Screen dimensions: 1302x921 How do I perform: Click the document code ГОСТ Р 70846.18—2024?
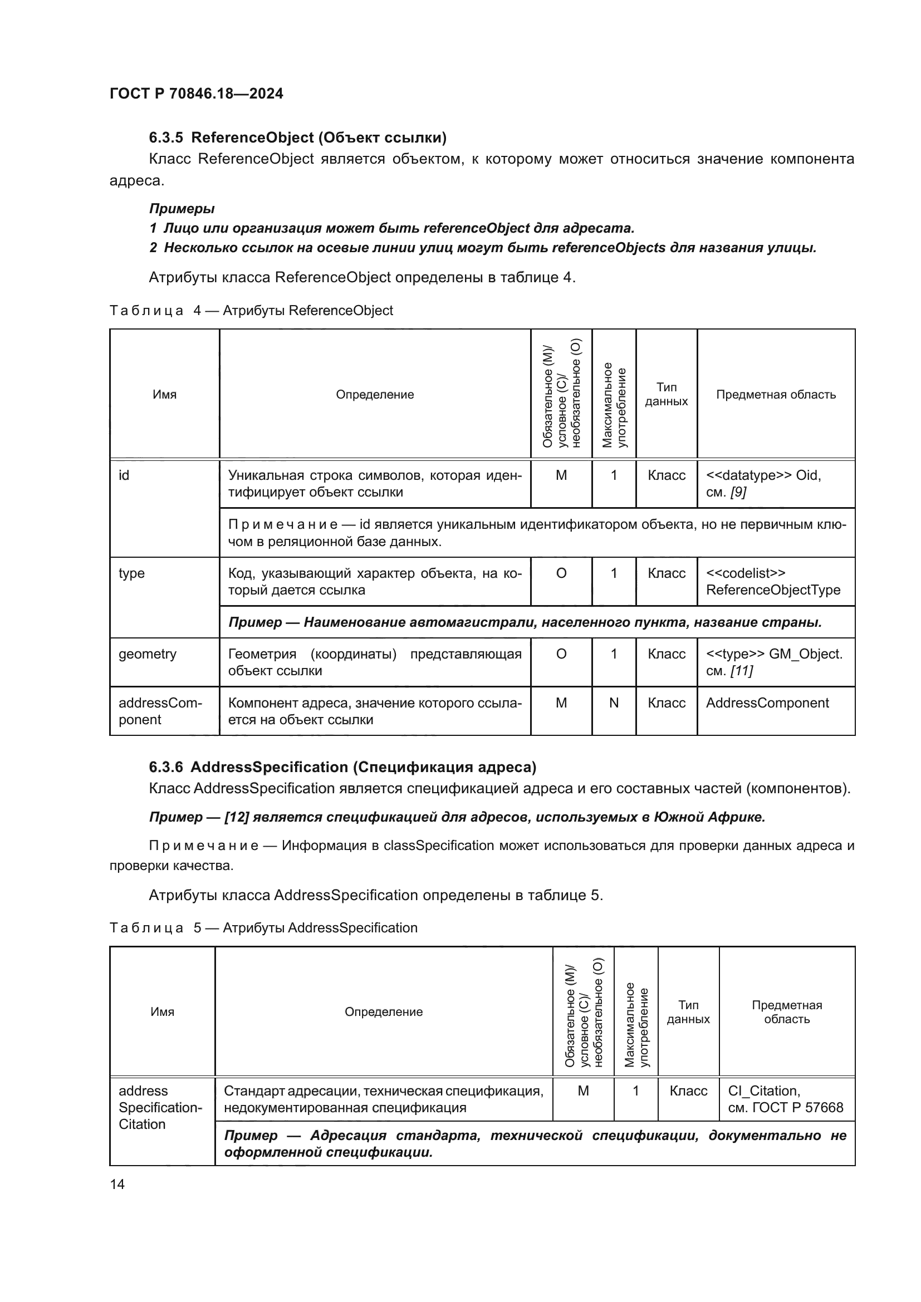[196, 94]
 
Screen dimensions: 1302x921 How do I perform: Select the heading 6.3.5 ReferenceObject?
[297, 138]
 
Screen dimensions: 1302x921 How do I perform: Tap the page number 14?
[117, 1184]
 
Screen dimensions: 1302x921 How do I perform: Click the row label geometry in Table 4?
[148, 654]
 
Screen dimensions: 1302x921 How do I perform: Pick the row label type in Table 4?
[131, 573]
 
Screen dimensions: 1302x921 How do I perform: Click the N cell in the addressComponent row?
[614, 703]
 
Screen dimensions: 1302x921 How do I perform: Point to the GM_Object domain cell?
[774, 662]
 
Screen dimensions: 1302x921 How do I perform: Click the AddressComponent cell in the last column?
[767, 703]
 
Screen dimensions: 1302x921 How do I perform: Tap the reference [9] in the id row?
[738, 492]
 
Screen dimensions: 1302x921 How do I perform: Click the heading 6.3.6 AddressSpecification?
[342, 767]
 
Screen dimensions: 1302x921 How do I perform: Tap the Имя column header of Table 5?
[162, 1011]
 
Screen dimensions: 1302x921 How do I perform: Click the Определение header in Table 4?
[374, 395]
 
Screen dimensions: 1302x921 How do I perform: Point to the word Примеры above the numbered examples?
[182, 209]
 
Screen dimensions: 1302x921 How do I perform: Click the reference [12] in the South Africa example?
[237, 817]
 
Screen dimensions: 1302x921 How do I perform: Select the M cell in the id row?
[561, 475]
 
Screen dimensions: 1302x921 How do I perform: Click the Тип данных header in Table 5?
[688, 1011]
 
